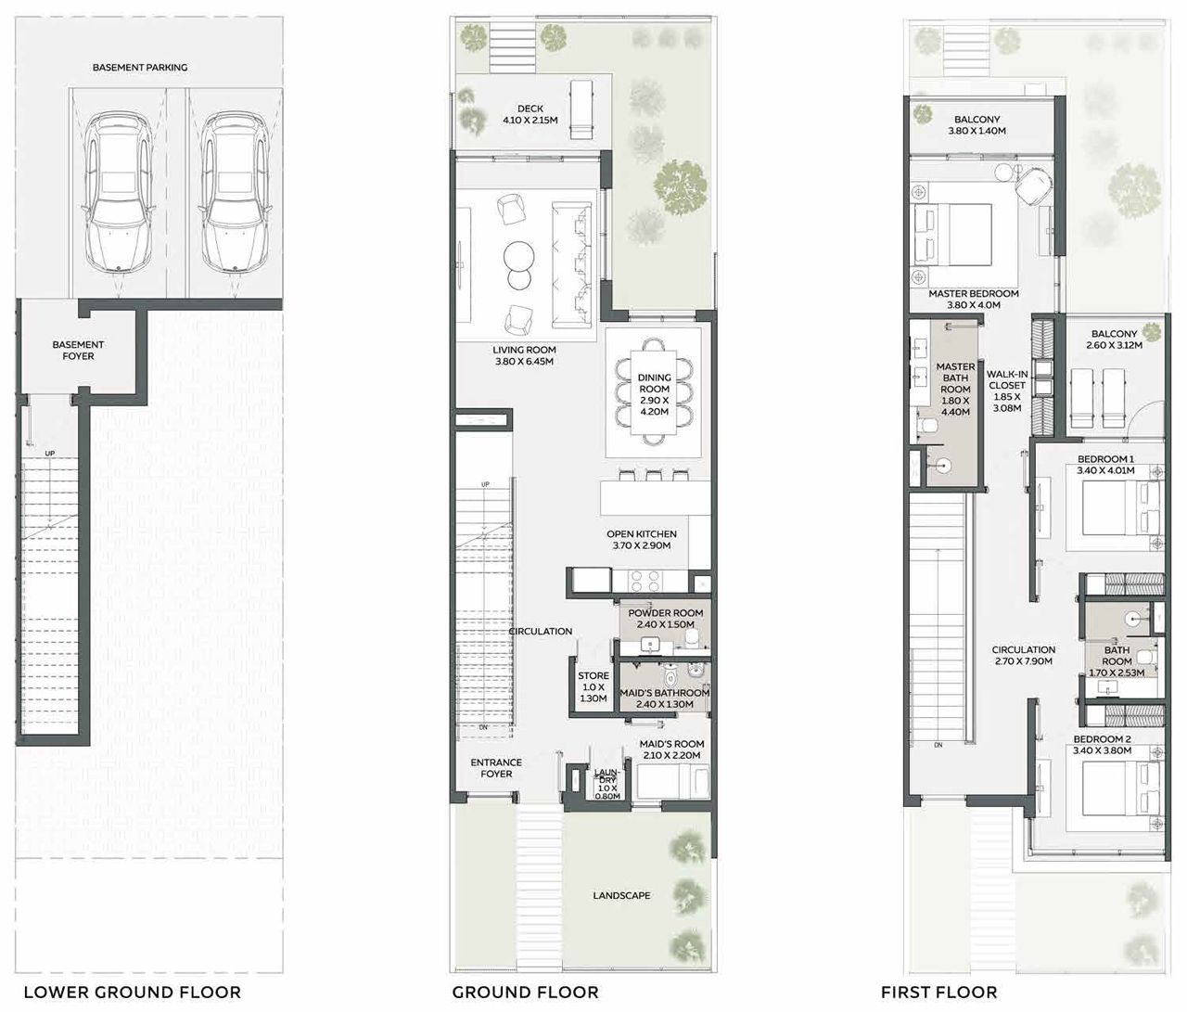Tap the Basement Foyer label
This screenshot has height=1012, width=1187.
click(x=79, y=350)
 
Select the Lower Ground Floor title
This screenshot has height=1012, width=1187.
click(x=132, y=992)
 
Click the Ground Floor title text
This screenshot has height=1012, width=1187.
click(x=525, y=992)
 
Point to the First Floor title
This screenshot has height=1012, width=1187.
click(x=938, y=992)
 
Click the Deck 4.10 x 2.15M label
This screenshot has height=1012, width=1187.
click(x=530, y=115)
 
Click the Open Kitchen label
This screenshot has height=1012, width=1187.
click(x=642, y=540)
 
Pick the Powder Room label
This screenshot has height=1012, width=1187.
click(x=665, y=619)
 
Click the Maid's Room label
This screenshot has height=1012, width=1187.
click(x=671, y=749)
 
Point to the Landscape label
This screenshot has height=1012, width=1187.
click(x=621, y=896)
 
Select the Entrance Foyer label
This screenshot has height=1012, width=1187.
click(x=496, y=768)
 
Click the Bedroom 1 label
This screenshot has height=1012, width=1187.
click(x=1104, y=465)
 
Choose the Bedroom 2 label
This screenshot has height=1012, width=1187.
click(x=1102, y=745)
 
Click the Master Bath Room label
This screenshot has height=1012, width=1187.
click(x=955, y=390)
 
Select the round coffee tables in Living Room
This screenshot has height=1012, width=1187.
click(x=518, y=264)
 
